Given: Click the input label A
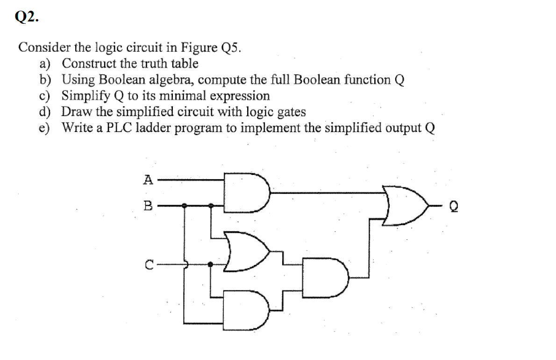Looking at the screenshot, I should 148,178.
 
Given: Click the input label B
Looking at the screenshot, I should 148,205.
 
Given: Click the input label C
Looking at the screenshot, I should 148,265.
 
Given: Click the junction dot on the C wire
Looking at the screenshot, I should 211,264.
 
